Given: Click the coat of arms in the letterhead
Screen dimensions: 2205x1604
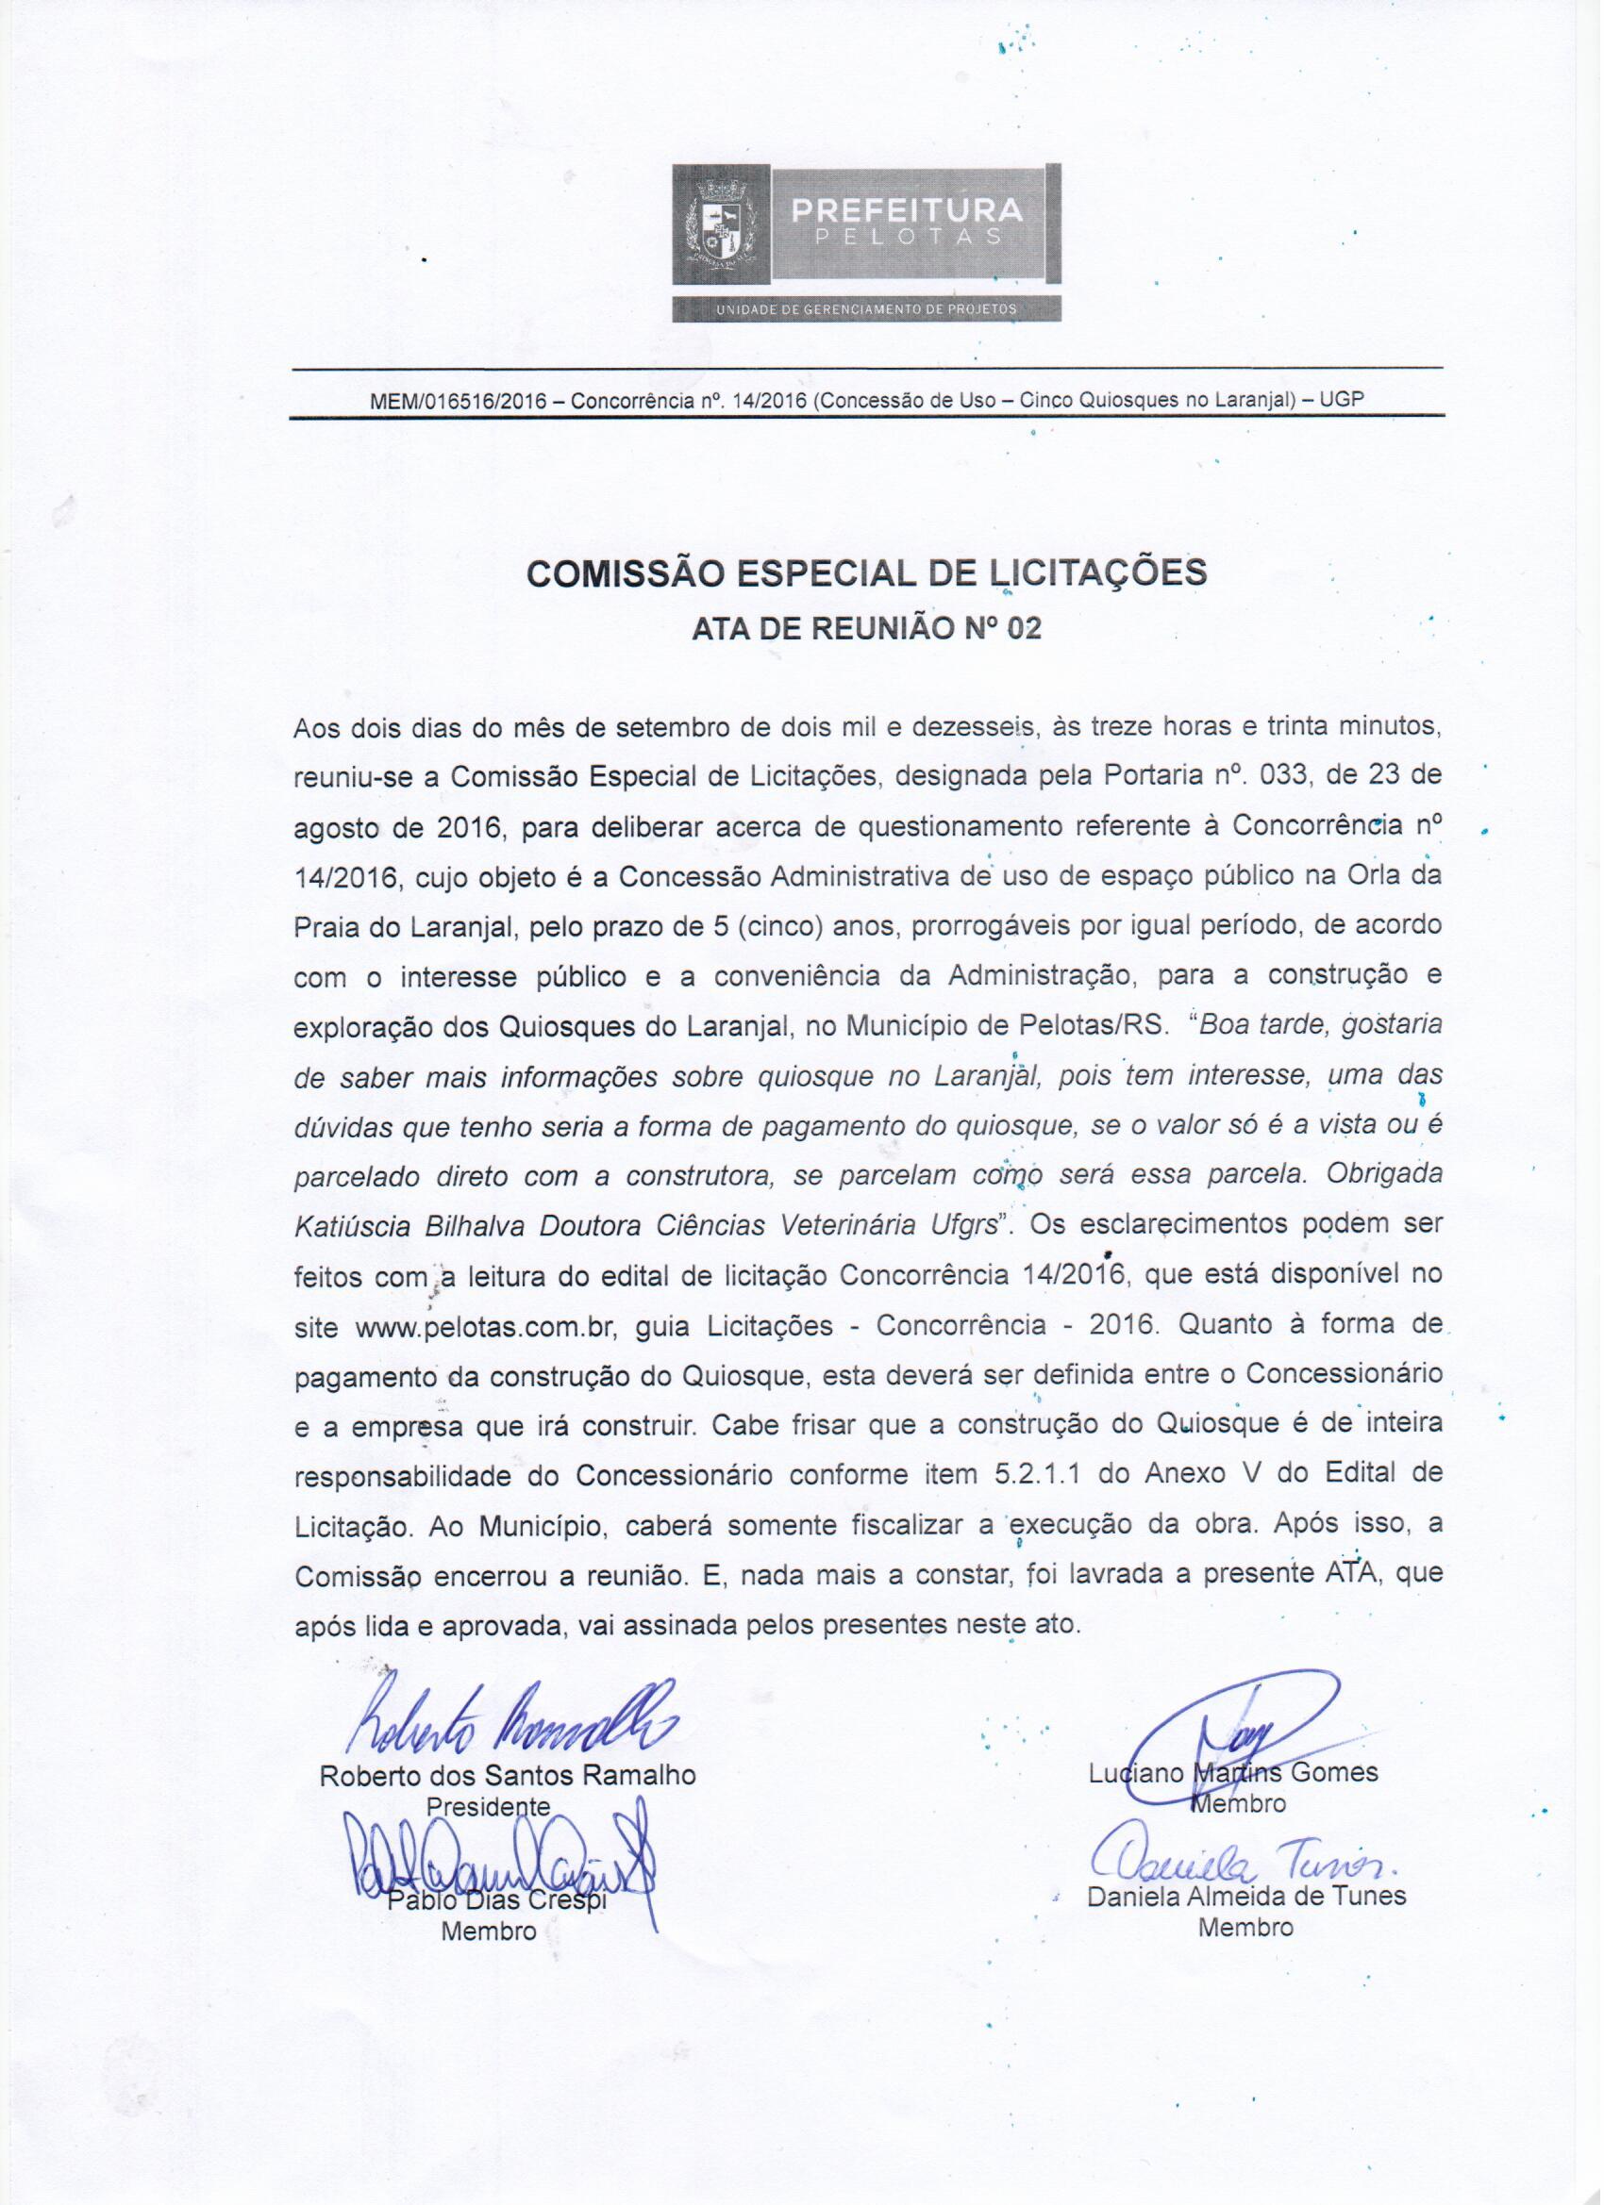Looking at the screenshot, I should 721,230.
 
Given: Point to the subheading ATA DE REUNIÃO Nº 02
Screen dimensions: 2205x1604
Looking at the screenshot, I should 866,629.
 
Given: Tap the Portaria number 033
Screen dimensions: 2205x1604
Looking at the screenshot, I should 1290,778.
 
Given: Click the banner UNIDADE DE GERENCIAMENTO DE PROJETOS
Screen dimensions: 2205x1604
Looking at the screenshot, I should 866,309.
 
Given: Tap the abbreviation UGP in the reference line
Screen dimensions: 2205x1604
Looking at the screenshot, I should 1343,401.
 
